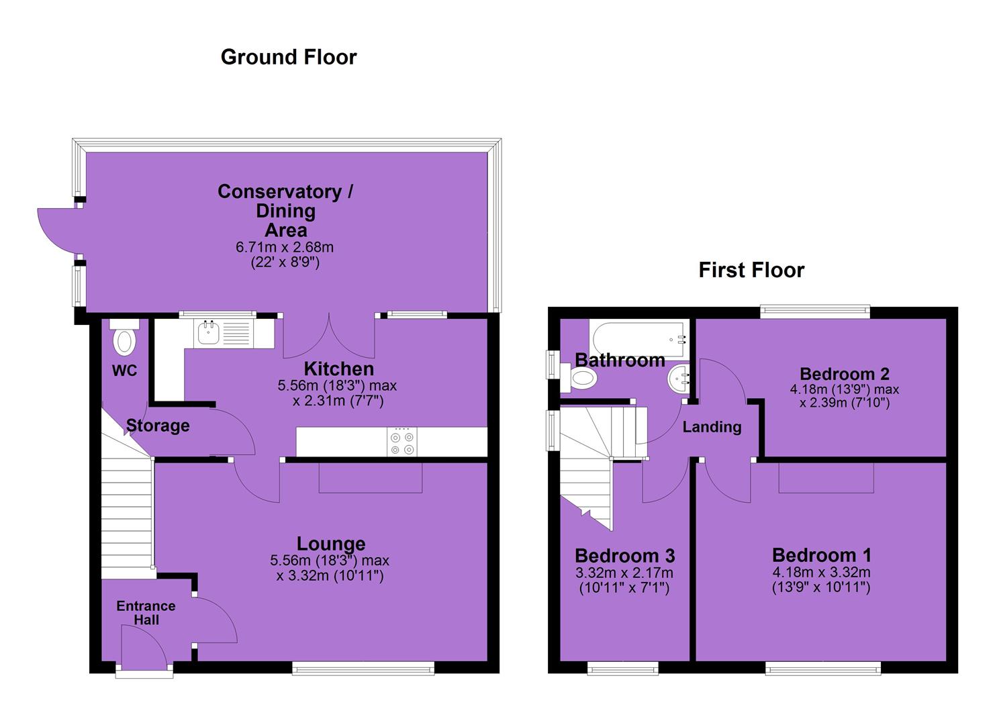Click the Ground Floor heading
tap(289, 57)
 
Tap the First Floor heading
tap(751, 270)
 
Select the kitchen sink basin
tap(208, 332)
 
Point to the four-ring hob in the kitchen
tap(402, 442)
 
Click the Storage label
tap(158, 426)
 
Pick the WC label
tap(125, 371)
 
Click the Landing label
tap(712, 427)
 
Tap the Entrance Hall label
tap(146, 613)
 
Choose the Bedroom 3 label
tap(625, 556)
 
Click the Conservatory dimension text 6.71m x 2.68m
tap(285, 247)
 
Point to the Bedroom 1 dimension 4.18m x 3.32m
tap(821, 572)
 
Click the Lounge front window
tap(363, 669)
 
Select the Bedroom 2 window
tap(815, 311)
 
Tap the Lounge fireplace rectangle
tap(371, 477)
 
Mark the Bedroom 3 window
tap(622, 669)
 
